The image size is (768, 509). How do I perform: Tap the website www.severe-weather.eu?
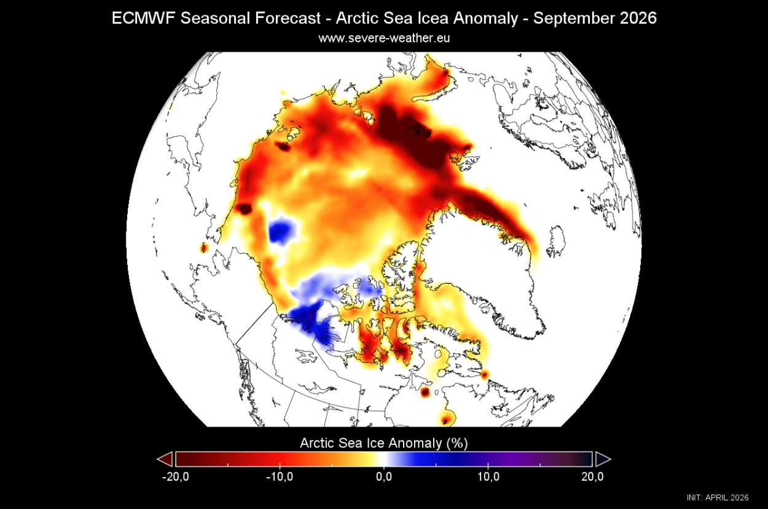pos(384,38)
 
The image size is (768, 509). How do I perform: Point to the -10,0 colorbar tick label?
pos(280,476)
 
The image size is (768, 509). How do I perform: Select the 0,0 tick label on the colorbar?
pos(384,476)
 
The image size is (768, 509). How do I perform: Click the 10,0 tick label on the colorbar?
pos(488,476)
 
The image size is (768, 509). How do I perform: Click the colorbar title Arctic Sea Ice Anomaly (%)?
pos(384,443)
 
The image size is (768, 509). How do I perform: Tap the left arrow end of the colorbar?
pos(165,459)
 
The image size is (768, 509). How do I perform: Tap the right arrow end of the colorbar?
pos(603,459)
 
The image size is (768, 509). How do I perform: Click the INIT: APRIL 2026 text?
pos(718,497)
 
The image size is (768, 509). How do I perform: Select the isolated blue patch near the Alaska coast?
pos(281,231)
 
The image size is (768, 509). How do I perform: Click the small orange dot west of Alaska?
pos(204,248)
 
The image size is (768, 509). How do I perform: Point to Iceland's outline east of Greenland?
pos(556,240)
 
